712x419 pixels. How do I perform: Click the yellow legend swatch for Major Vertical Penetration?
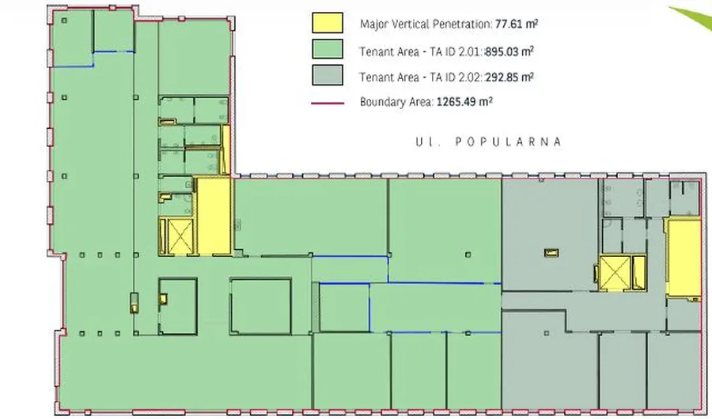coord(328,23)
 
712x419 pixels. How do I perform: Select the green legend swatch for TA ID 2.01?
coord(328,49)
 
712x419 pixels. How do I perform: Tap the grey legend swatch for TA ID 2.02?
coord(328,75)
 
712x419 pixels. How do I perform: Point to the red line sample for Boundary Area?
coord(328,104)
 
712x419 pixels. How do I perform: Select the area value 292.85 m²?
coord(509,77)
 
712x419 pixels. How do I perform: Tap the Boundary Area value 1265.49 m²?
coord(464,101)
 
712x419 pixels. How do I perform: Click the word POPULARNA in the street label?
coord(509,142)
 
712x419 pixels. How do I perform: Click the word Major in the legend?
coord(372,25)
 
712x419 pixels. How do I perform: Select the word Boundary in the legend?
coord(379,102)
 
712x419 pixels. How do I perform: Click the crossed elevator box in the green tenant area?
coord(180,236)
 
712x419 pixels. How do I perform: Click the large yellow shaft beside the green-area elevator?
coord(213,216)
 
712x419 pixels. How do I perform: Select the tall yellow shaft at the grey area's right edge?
coord(683,258)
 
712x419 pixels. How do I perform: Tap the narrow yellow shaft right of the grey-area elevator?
coord(639,273)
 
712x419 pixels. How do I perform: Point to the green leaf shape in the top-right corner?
coord(695,18)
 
